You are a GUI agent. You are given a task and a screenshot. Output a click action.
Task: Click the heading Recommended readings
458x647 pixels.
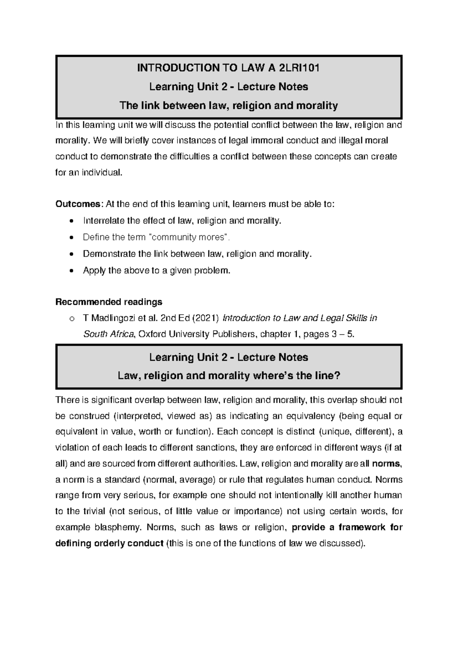click(x=109, y=302)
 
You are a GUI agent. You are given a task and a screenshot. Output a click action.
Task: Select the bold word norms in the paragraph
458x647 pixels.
click(x=386, y=464)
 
